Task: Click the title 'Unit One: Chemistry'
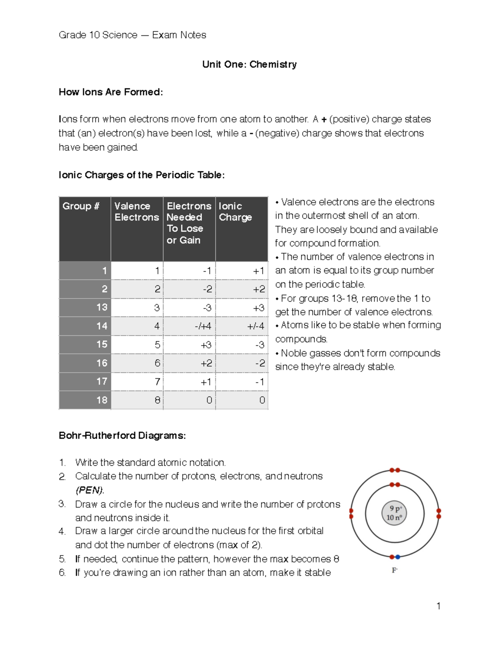point(249,64)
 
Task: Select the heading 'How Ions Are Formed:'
point(110,92)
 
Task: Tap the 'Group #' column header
point(81,206)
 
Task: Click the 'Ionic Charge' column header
point(235,212)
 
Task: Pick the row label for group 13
point(102,307)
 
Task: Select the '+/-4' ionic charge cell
point(255,326)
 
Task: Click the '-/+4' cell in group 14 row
point(203,326)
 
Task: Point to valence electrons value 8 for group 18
point(157,400)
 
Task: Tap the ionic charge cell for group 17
point(259,382)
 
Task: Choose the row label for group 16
point(102,363)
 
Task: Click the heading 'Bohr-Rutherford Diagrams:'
point(122,436)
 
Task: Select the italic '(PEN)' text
point(90,490)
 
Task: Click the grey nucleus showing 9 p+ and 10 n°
point(394,513)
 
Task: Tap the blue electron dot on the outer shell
point(398,557)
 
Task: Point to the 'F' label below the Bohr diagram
point(394,570)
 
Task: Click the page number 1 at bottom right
point(438,606)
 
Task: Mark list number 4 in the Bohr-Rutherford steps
point(62,532)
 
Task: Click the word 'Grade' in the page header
point(72,35)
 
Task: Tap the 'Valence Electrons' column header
point(136,212)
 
